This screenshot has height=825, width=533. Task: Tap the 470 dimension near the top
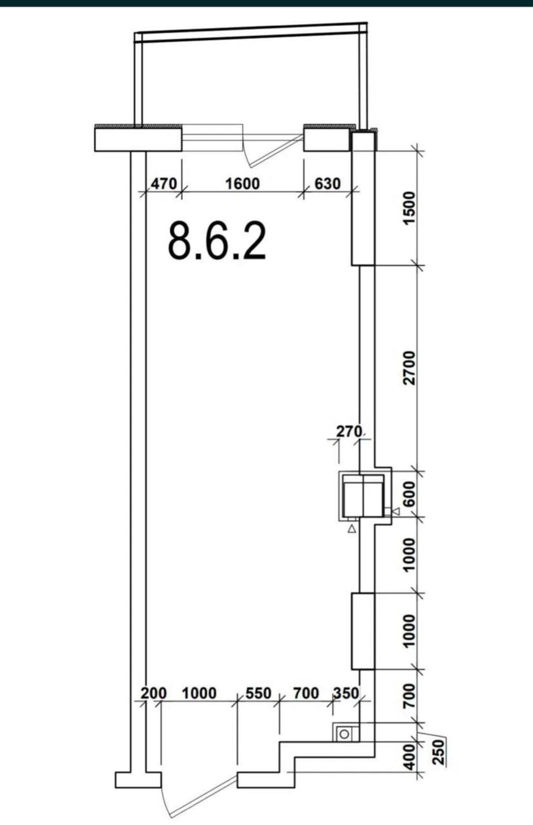(x=164, y=184)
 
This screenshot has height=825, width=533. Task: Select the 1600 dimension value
(x=243, y=184)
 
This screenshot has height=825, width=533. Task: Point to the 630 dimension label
(x=327, y=184)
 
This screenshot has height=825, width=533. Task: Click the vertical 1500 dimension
(x=409, y=207)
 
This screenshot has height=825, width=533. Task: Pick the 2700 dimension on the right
(x=409, y=368)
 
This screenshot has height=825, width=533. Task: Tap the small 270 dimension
(x=349, y=431)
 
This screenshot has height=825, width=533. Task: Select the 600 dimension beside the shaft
(x=409, y=494)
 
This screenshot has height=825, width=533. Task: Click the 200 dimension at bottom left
(x=154, y=694)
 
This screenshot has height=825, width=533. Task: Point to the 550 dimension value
(x=259, y=694)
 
